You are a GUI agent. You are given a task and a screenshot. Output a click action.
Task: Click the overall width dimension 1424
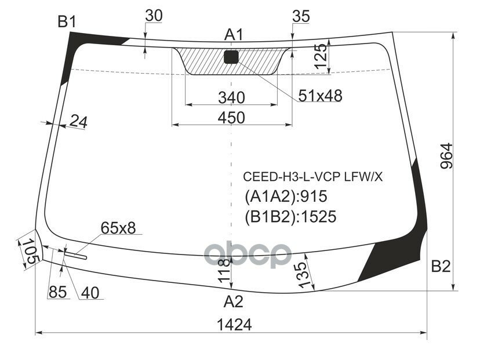click(x=235, y=325)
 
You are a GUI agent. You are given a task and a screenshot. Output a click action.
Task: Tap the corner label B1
click(x=67, y=22)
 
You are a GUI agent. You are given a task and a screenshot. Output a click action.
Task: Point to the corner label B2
click(x=441, y=267)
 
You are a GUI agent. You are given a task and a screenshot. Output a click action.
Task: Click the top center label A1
click(x=233, y=35)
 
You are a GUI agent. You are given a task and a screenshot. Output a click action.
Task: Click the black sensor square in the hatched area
click(x=231, y=57)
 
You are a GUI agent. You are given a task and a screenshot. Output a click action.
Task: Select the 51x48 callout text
click(x=320, y=96)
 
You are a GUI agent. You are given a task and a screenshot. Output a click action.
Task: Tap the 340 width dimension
click(x=231, y=97)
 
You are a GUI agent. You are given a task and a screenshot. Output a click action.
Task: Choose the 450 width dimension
click(x=231, y=117)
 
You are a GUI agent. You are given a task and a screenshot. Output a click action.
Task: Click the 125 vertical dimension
click(x=321, y=57)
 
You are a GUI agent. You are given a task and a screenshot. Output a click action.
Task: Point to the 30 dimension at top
click(x=153, y=16)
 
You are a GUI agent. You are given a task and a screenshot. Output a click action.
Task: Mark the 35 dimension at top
click(x=301, y=16)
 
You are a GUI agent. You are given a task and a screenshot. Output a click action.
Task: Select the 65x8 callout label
click(x=118, y=228)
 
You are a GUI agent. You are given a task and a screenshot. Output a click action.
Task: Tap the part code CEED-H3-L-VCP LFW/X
click(x=312, y=177)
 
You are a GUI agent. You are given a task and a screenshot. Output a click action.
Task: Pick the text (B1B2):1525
click(x=290, y=216)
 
